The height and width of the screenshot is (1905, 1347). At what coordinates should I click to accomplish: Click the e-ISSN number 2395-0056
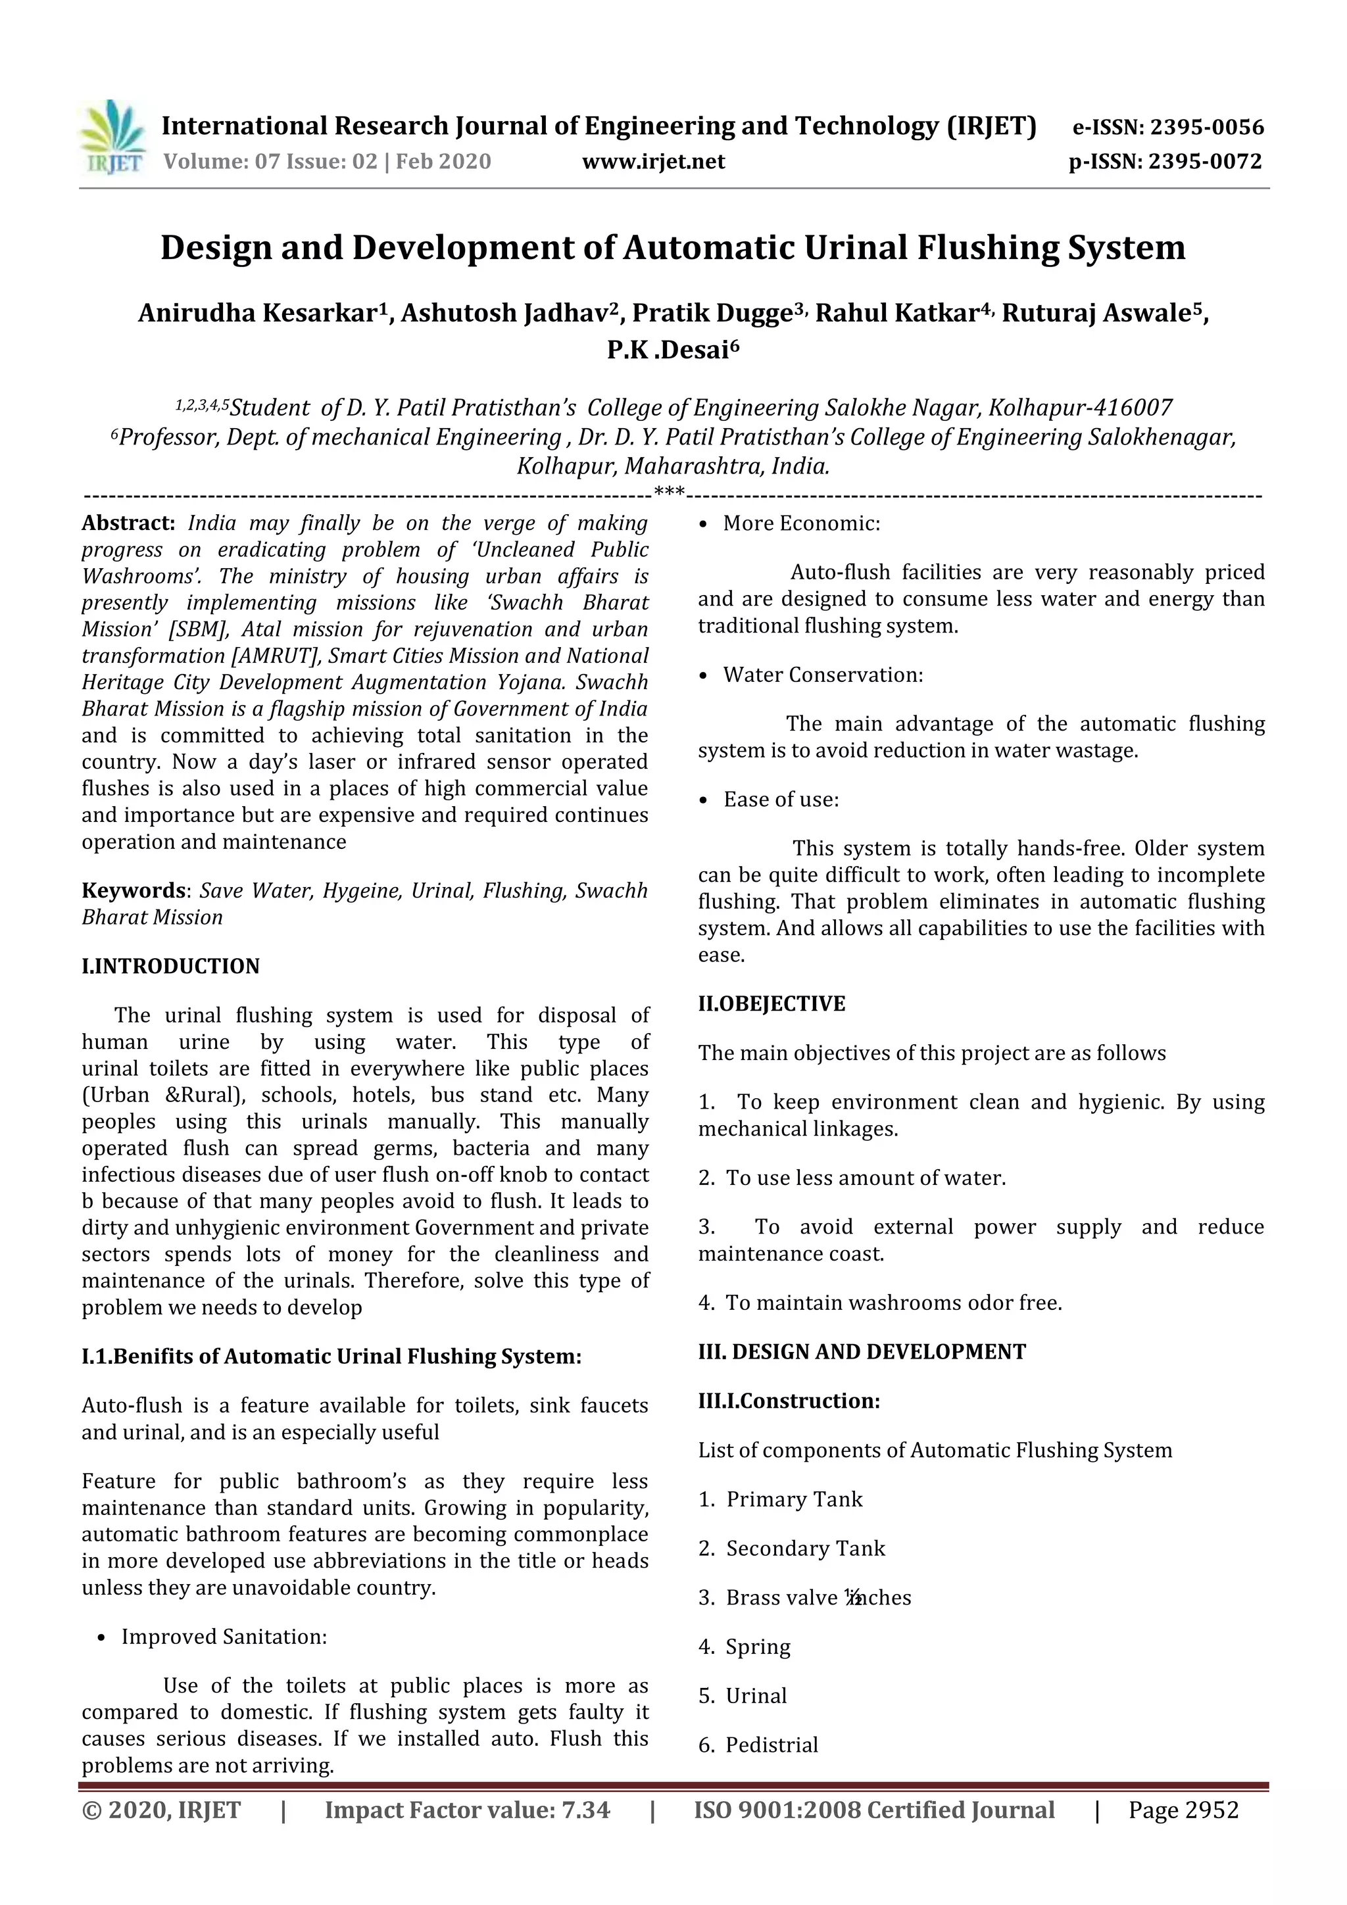(x=1207, y=128)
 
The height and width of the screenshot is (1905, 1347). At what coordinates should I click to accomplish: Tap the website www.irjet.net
(x=653, y=162)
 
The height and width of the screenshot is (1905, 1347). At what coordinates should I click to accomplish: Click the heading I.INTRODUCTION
(x=170, y=967)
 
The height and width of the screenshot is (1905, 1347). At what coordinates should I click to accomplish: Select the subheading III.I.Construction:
(x=789, y=1401)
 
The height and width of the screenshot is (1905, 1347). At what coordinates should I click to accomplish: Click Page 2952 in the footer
(x=1183, y=1810)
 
